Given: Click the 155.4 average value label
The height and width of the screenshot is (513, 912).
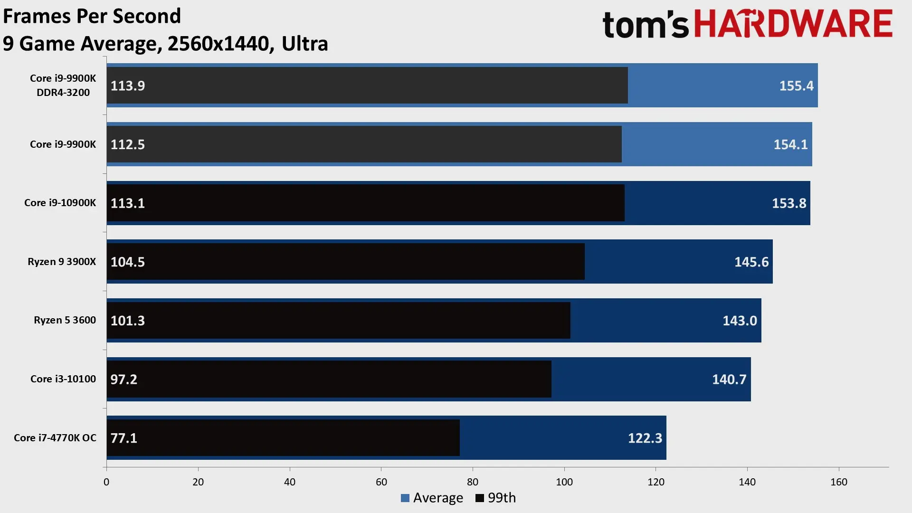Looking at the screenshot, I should click(796, 86).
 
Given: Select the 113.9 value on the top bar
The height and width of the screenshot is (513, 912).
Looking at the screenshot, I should click(127, 86).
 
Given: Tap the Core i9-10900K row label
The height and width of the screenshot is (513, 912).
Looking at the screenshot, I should click(60, 203).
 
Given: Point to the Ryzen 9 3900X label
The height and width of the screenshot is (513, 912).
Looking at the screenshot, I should click(62, 262).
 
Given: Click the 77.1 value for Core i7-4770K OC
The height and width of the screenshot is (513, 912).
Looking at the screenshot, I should click(123, 438).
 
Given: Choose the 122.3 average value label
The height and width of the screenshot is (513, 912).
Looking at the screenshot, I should click(645, 438).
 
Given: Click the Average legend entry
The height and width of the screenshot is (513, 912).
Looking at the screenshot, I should click(432, 498).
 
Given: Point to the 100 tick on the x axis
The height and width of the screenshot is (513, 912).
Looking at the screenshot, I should click(564, 482).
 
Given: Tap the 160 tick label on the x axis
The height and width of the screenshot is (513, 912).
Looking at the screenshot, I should click(838, 482).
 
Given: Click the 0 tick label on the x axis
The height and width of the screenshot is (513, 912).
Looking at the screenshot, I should click(106, 482).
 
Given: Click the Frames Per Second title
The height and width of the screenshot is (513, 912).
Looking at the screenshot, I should click(92, 16).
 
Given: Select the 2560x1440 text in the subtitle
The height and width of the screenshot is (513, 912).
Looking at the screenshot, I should click(218, 44).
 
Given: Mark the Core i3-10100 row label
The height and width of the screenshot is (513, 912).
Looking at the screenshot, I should click(63, 379).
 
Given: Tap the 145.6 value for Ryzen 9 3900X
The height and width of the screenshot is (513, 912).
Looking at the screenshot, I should click(751, 262).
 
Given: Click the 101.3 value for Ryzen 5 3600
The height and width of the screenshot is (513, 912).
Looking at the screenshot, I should click(127, 321).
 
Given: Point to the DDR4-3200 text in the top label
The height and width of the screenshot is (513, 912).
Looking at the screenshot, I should click(63, 93).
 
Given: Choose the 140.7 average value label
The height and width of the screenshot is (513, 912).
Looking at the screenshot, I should click(729, 380).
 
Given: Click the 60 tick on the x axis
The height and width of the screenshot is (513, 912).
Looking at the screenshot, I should click(381, 482).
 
